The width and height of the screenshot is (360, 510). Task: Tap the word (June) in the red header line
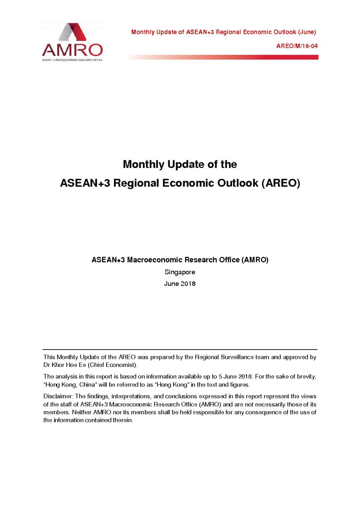coord(307,32)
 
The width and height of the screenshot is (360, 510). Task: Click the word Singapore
coord(180,272)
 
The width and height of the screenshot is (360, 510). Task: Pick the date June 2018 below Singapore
coord(180,284)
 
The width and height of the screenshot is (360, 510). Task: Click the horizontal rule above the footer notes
coord(180,350)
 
